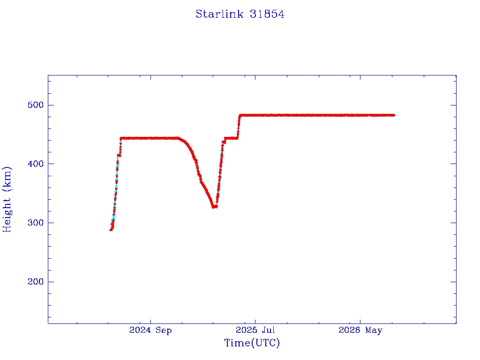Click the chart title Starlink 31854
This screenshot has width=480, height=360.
(x=240, y=14)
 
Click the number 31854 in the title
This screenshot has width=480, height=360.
(x=267, y=14)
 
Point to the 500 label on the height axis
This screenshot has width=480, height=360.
(x=36, y=105)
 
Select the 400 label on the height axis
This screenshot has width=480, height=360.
(x=36, y=164)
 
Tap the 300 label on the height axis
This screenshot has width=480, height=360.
(x=36, y=223)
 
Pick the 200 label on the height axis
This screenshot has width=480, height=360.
(x=36, y=282)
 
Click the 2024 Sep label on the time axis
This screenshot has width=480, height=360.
(x=150, y=330)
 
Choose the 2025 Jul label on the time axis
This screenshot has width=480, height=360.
(x=255, y=330)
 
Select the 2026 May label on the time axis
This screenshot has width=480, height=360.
(x=360, y=330)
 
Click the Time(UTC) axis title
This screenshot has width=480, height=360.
(x=252, y=343)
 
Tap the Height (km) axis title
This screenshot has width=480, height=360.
(x=7, y=199)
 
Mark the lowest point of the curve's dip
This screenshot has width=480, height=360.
(x=214, y=207)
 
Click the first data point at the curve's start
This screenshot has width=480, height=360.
(x=111, y=230)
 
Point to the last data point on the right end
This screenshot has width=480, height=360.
(x=394, y=115)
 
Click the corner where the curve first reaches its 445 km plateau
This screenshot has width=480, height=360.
(x=121, y=138)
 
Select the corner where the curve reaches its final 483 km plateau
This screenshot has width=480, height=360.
(x=240, y=115)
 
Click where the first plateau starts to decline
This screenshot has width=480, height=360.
(x=179, y=138)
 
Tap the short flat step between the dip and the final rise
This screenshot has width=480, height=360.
(x=231, y=138)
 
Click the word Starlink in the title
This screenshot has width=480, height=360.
(x=219, y=14)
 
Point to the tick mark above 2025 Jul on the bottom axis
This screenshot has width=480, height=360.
(x=255, y=321)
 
